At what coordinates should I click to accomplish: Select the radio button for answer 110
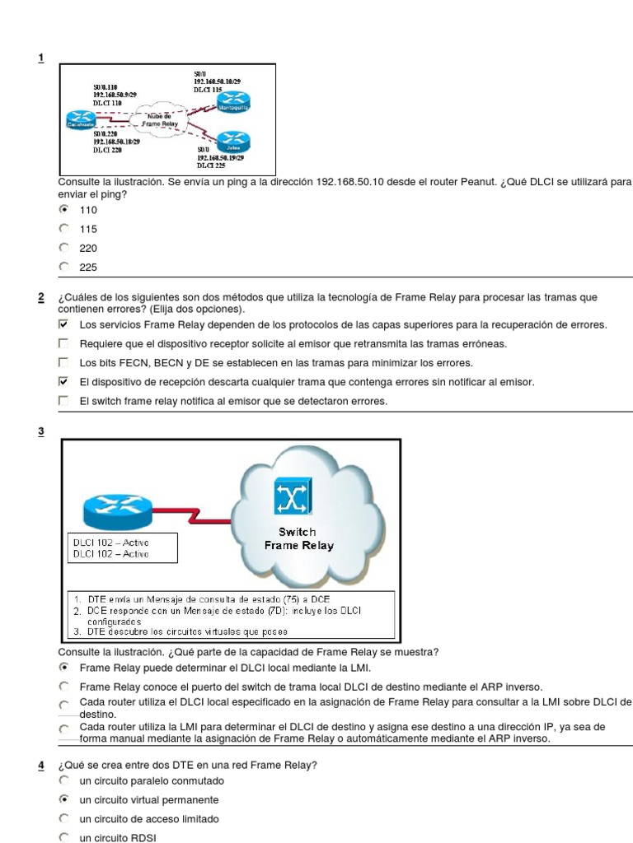(x=63, y=210)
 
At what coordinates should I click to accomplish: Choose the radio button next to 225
(x=63, y=266)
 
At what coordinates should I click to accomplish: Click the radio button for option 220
(x=63, y=247)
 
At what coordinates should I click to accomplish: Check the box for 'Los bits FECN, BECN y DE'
(x=63, y=362)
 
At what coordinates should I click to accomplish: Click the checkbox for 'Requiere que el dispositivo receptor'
(x=63, y=343)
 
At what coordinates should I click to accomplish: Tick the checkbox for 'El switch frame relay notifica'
(x=63, y=401)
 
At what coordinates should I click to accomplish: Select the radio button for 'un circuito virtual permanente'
(x=63, y=799)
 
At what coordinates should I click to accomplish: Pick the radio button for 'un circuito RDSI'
(x=63, y=837)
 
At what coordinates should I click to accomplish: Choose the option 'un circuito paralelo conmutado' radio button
(x=63, y=780)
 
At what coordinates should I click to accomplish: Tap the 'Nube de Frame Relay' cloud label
(x=160, y=119)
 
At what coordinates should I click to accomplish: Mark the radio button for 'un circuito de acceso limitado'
(x=63, y=819)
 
